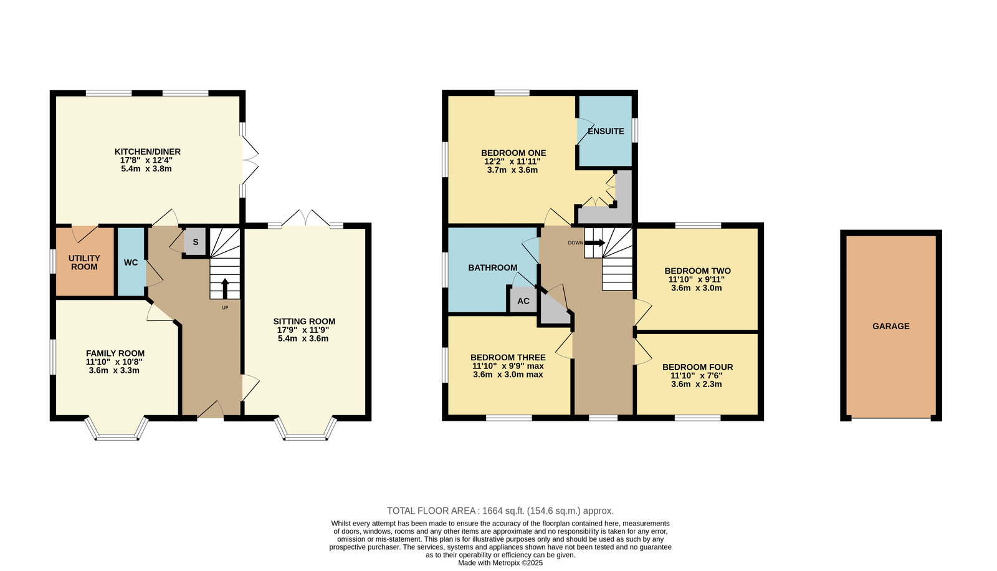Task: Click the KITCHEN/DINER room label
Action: [x=147, y=152]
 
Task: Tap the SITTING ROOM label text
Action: [x=304, y=322]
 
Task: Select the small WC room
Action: [x=131, y=262]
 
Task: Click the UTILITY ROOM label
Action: [x=84, y=262]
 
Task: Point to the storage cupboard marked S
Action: [x=196, y=242]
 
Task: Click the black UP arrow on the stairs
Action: [x=225, y=288]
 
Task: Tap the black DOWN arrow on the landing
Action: [x=594, y=242]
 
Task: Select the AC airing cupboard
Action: [x=523, y=300]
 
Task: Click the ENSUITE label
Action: [x=606, y=132]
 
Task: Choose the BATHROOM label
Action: [x=492, y=267]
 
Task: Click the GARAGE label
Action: [x=890, y=327]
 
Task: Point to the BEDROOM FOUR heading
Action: [x=697, y=367]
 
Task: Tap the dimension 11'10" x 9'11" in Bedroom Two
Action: [x=697, y=280]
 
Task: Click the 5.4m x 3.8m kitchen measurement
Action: [x=146, y=169]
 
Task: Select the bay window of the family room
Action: [x=116, y=428]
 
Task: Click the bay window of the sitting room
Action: [x=305, y=428]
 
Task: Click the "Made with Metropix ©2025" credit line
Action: [x=500, y=563]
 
